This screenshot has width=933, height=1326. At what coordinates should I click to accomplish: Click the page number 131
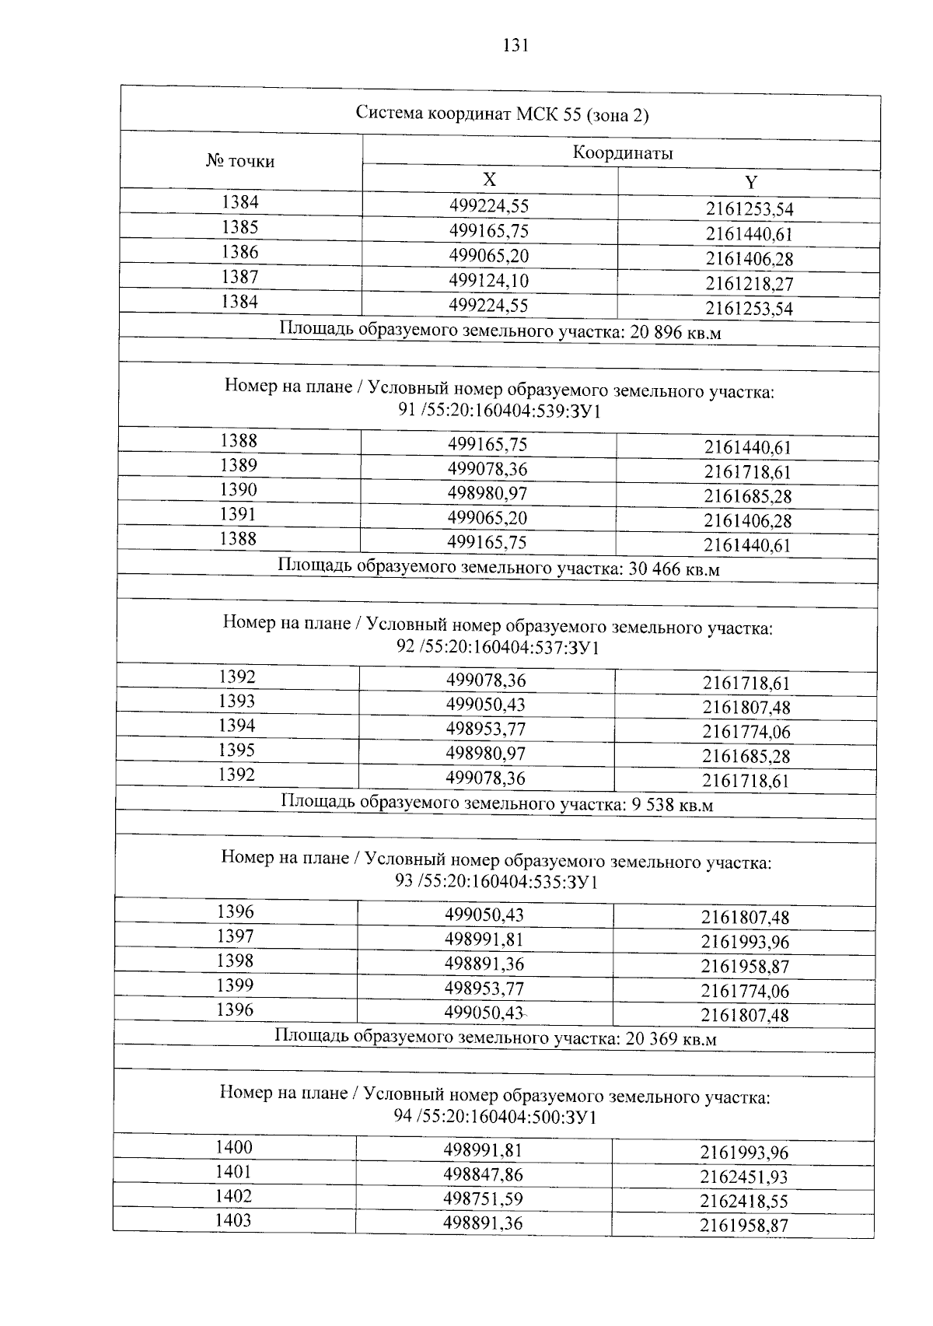point(515,45)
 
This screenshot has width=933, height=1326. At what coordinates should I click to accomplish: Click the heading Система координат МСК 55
point(501,114)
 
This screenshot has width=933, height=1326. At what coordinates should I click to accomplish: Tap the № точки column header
point(240,161)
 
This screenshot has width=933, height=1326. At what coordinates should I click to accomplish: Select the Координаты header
point(623,153)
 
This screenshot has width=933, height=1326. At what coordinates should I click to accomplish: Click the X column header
point(489,180)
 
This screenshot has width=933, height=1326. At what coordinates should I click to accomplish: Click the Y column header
point(750,183)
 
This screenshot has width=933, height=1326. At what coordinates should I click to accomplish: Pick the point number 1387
point(239,277)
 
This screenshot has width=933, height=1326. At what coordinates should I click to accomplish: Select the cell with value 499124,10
point(489,281)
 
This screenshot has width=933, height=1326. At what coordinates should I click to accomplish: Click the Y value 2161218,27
point(750,284)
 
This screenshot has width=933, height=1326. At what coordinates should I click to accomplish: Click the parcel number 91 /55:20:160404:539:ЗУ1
point(499,411)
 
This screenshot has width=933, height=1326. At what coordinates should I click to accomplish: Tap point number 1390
point(238,490)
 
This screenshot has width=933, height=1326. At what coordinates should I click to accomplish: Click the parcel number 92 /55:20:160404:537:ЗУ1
point(498,647)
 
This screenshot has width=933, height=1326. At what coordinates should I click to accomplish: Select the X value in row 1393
point(486,705)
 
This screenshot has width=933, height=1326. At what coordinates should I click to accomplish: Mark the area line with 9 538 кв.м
point(496,803)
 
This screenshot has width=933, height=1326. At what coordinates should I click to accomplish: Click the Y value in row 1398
point(745,967)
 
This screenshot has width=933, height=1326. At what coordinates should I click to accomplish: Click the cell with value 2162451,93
point(744,1177)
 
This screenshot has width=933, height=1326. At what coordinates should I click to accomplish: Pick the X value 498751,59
point(484,1198)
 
